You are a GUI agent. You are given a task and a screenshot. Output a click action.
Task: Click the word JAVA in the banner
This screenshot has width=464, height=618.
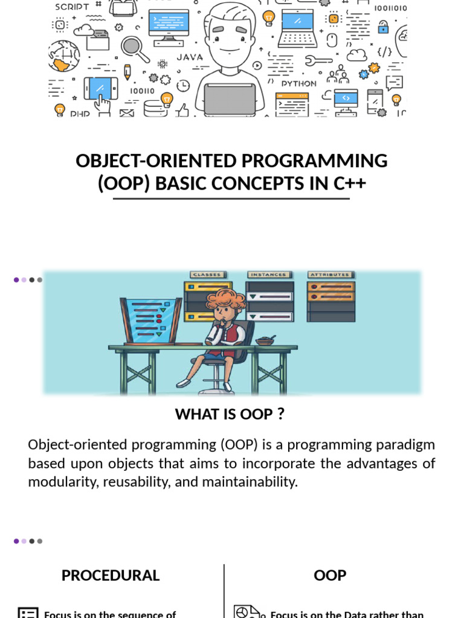190,57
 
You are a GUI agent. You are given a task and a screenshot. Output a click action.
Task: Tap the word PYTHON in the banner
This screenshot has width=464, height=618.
298,83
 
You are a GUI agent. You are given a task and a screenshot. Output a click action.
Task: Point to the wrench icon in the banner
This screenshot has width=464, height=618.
318,60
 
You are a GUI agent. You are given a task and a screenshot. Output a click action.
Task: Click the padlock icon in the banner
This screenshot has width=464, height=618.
383,27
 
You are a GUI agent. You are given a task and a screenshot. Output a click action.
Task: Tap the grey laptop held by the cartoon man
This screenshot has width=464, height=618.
230,99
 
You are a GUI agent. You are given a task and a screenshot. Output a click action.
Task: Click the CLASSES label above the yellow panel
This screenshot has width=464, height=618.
207,275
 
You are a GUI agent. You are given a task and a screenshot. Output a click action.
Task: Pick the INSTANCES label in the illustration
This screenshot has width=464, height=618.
269,275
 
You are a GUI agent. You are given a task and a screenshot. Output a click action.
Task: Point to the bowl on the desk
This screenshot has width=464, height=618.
265,341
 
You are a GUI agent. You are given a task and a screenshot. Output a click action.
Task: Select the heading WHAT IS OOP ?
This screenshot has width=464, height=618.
230,414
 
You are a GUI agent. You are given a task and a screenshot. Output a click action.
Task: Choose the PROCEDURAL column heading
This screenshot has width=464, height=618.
111,575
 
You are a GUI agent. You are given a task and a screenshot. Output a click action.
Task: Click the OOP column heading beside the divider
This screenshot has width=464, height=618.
330,575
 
